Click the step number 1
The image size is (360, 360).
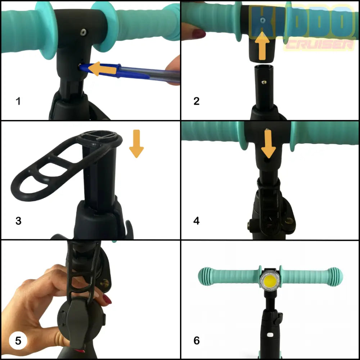click(x=18, y=101)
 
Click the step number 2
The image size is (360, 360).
click(x=197, y=101)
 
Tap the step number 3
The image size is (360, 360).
click(x=18, y=221)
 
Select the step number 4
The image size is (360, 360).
click(x=197, y=221)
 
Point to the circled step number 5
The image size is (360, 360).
click(x=18, y=341)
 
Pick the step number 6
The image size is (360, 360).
click(x=197, y=341)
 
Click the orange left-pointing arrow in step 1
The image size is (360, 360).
click(x=102, y=69)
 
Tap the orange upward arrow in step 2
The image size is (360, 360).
click(x=262, y=46)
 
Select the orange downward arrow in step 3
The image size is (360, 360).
click(x=136, y=144)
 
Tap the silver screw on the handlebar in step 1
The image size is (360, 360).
click(x=84, y=32)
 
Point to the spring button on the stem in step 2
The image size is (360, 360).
click(x=265, y=82)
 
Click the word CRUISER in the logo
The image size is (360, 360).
click(x=319, y=45)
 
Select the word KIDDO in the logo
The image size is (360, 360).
click(x=302, y=22)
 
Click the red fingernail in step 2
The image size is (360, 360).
click(x=198, y=34)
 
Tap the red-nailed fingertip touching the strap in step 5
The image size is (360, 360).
click(x=107, y=300)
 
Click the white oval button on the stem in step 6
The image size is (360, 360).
click(x=270, y=335)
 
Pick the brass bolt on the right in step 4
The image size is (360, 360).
click(x=290, y=221)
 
